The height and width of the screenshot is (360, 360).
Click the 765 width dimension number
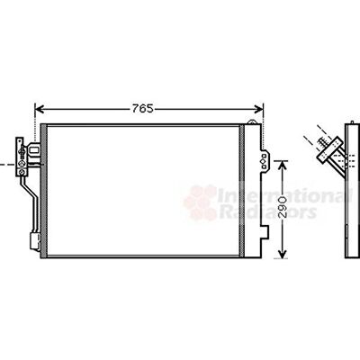[143, 109]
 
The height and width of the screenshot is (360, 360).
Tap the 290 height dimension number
[283, 207]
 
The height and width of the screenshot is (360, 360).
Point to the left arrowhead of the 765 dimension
[40, 109]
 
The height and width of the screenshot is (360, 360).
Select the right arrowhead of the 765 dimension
[258, 109]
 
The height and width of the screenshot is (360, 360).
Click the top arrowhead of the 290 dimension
[283, 165]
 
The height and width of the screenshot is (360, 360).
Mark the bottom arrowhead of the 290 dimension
[283, 253]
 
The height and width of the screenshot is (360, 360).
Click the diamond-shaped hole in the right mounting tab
[264, 161]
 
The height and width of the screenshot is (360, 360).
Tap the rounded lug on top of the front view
[251, 121]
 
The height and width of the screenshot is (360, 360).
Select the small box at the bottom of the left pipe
[35, 241]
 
